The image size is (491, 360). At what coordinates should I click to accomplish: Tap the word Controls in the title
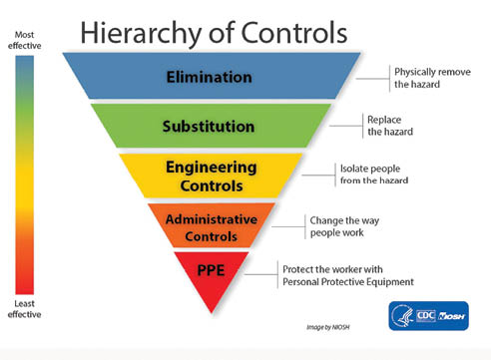point(290,32)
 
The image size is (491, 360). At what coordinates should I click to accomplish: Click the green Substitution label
point(211,126)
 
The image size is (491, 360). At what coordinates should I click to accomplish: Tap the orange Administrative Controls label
point(210,226)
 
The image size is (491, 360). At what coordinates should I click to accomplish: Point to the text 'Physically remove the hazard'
point(431,79)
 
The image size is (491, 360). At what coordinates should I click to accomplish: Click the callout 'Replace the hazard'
point(390,126)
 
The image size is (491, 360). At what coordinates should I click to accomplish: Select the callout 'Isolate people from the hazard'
point(373,175)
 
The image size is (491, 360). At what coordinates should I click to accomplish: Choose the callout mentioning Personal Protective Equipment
point(348,274)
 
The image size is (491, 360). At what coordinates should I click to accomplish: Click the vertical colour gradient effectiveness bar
point(25,175)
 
